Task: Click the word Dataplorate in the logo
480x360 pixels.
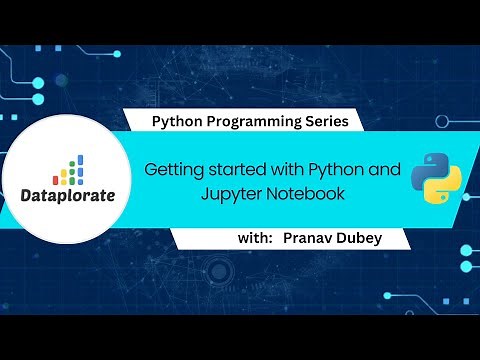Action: click(x=68, y=194)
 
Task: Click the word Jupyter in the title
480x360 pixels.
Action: click(x=216, y=195)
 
